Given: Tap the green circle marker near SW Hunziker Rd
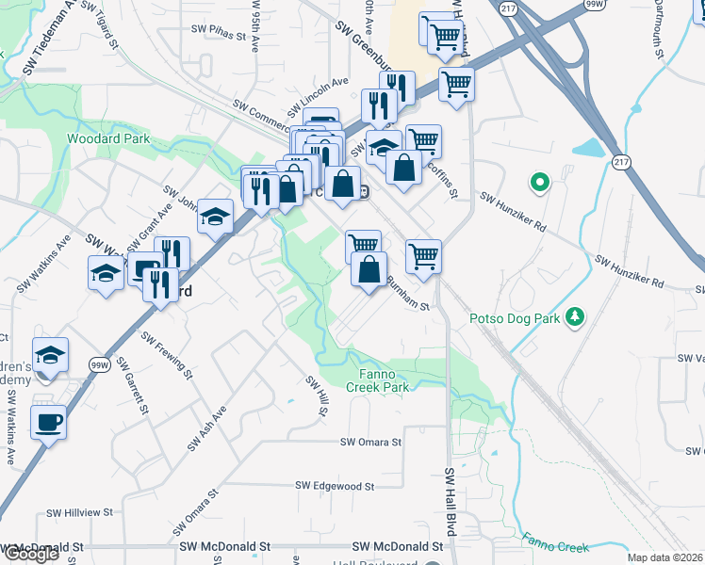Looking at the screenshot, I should coord(540,182).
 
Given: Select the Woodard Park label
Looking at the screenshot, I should coord(108,138).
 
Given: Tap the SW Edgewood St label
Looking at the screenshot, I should coord(336,485).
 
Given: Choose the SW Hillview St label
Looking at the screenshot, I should coord(80,513).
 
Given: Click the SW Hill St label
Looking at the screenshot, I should coord(317,396).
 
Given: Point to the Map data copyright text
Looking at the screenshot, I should coord(665,557).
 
